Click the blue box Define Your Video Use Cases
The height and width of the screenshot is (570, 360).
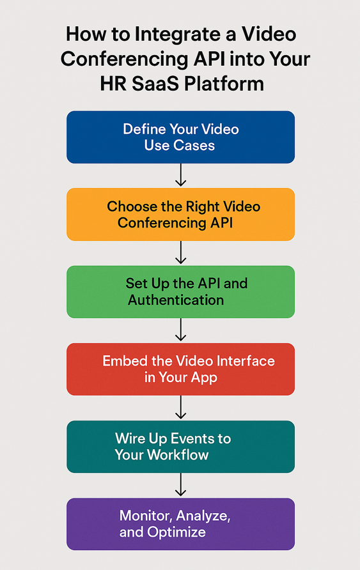click(180, 137)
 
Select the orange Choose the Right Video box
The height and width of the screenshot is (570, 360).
click(180, 215)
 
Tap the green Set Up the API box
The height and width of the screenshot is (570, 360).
click(180, 292)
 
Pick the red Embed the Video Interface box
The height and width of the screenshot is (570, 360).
click(180, 369)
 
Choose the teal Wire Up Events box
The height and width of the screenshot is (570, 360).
click(180, 447)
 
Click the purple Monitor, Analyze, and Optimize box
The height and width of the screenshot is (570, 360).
click(180, 524)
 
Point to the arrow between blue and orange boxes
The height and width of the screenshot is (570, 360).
click(180, 175)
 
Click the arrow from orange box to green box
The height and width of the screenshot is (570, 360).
click(180, 253)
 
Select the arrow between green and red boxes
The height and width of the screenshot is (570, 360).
click(180, 330)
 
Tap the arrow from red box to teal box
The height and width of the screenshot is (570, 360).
click(180, 408)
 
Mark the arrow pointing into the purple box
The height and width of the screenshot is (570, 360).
click(180, 485)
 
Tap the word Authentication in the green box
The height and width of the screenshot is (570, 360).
click(176, 300)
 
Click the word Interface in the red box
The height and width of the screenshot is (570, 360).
click(242, 361)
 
